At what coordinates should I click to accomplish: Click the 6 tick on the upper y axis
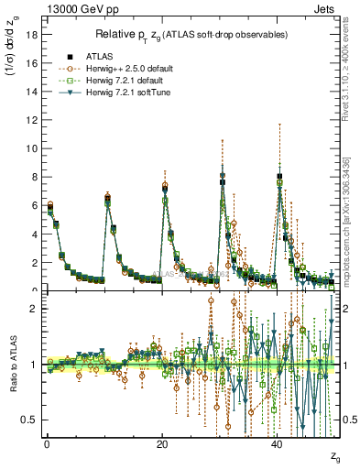[x=33, y=205]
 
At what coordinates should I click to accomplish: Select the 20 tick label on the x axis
[x=162, y=443]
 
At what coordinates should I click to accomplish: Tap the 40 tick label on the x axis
[x=278, y=443]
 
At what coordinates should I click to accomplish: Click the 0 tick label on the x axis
[x=47, y=443]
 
